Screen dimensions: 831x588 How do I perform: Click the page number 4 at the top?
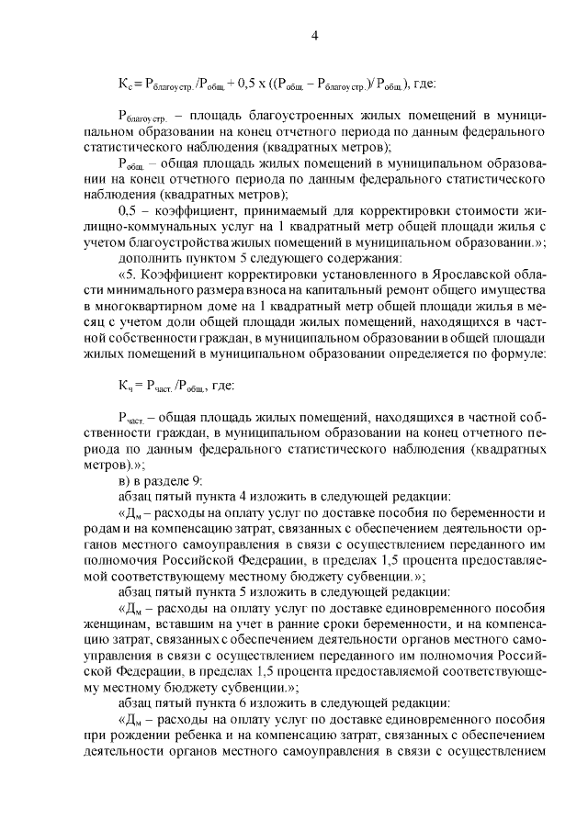(x=314, y=36)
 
